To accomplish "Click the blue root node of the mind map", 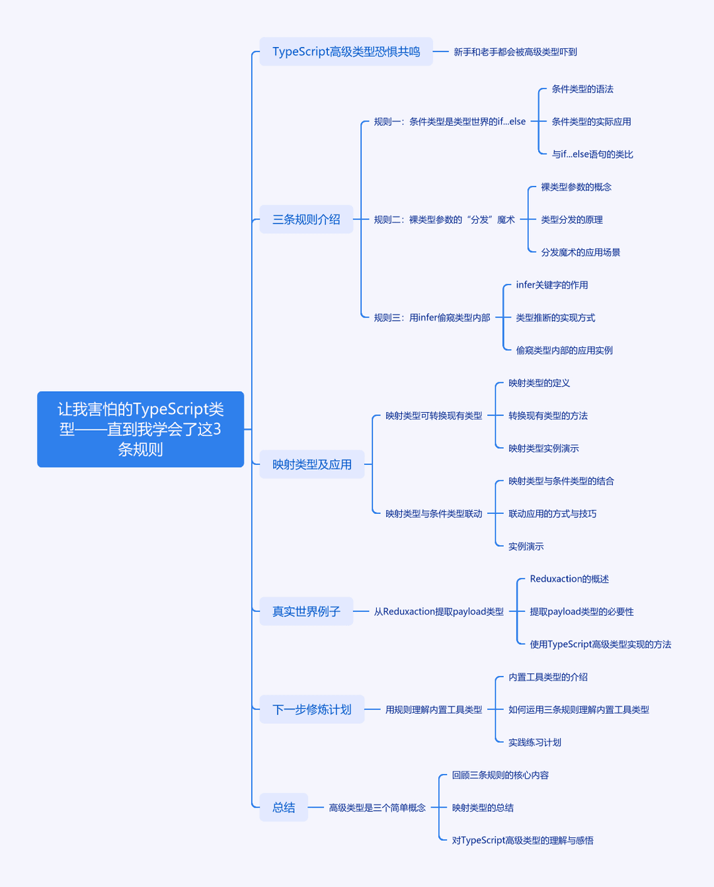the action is click(x=141, y=429).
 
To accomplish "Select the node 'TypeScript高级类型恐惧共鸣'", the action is click(x=346, y=52).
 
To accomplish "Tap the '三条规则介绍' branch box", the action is click(x=306, y=220).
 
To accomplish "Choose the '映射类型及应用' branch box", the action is click(x=312, y=464).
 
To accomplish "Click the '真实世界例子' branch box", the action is click(x=306, y=611).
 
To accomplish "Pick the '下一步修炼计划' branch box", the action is click(x=312, y=709).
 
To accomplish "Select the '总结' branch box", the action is click(x=284, y=808).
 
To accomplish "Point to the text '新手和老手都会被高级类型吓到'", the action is click(x=515, y=52).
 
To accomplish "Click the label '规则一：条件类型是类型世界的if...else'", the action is click(x=450, y=122).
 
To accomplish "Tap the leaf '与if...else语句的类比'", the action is click(x=592, y=154).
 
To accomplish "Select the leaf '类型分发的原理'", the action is click(x=572, y=220).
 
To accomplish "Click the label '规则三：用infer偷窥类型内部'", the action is click(x=432, y=317).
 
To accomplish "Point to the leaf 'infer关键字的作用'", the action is click(x=552, y=285).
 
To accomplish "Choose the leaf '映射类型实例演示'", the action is click(x=543, y=448).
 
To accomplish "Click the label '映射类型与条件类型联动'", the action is click(x=434, y=513).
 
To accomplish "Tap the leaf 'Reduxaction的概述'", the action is click(x=569, y=579).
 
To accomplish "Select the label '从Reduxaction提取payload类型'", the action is click(x=439, y=611).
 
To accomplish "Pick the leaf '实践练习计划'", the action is click(x=535, y=742).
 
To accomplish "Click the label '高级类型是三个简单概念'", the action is click(x=377, y=808).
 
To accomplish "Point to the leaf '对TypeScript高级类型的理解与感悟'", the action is click(x=523, y=840).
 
